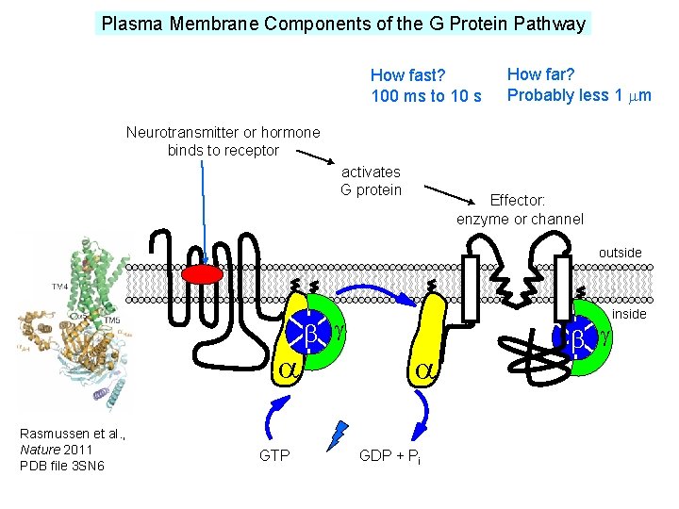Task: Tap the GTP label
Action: tap(274, 456)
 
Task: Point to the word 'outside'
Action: tap(620, 253)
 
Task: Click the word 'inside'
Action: tap(629, 314)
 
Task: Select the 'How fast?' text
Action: tap(407, 74)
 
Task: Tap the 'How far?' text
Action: tap(541, 74)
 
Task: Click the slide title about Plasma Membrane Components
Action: tap(343, 24)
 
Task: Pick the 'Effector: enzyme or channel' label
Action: tap(520, 209)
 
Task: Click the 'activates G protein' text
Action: tap(371, 181)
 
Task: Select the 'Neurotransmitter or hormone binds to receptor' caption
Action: tap(223, 141)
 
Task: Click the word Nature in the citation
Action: tap(38, 450)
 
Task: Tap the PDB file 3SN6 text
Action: tap(61, 466)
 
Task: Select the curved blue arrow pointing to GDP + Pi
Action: tap(420, 412)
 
